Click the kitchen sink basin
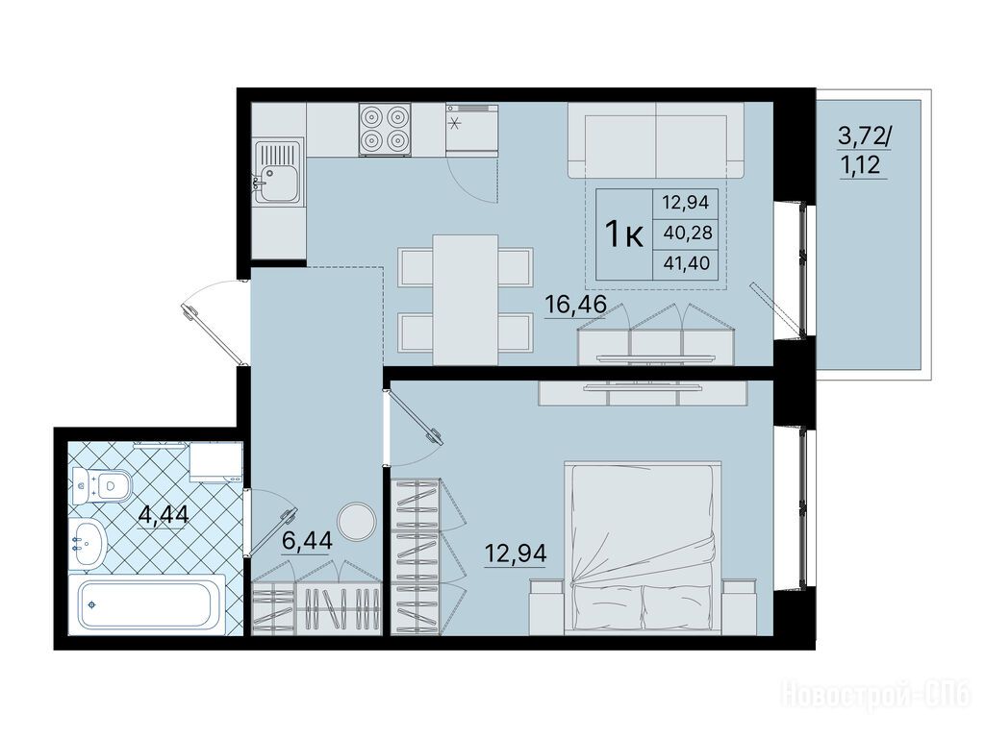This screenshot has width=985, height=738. click(279, 172)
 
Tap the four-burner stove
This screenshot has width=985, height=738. click(385, 130)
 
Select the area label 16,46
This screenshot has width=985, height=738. click(575, 305)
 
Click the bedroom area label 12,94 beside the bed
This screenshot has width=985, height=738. click(516, 553)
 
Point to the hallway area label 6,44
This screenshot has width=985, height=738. click(307, 540)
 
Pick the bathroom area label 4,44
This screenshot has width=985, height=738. click(164, 515)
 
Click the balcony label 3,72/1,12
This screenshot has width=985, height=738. click(864, 152)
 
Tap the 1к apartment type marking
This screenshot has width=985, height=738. click(623, 234)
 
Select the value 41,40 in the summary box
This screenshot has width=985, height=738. click(687, 263)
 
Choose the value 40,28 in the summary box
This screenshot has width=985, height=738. click(688, 233)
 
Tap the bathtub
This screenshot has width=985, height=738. click(147, 603)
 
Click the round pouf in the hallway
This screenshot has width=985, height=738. click(357, 521)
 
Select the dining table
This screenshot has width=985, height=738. click(466, 300)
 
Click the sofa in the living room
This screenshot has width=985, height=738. click(656, 140)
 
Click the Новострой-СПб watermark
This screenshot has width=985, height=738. click(875, 694)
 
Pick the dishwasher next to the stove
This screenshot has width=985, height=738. click(472, 130)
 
